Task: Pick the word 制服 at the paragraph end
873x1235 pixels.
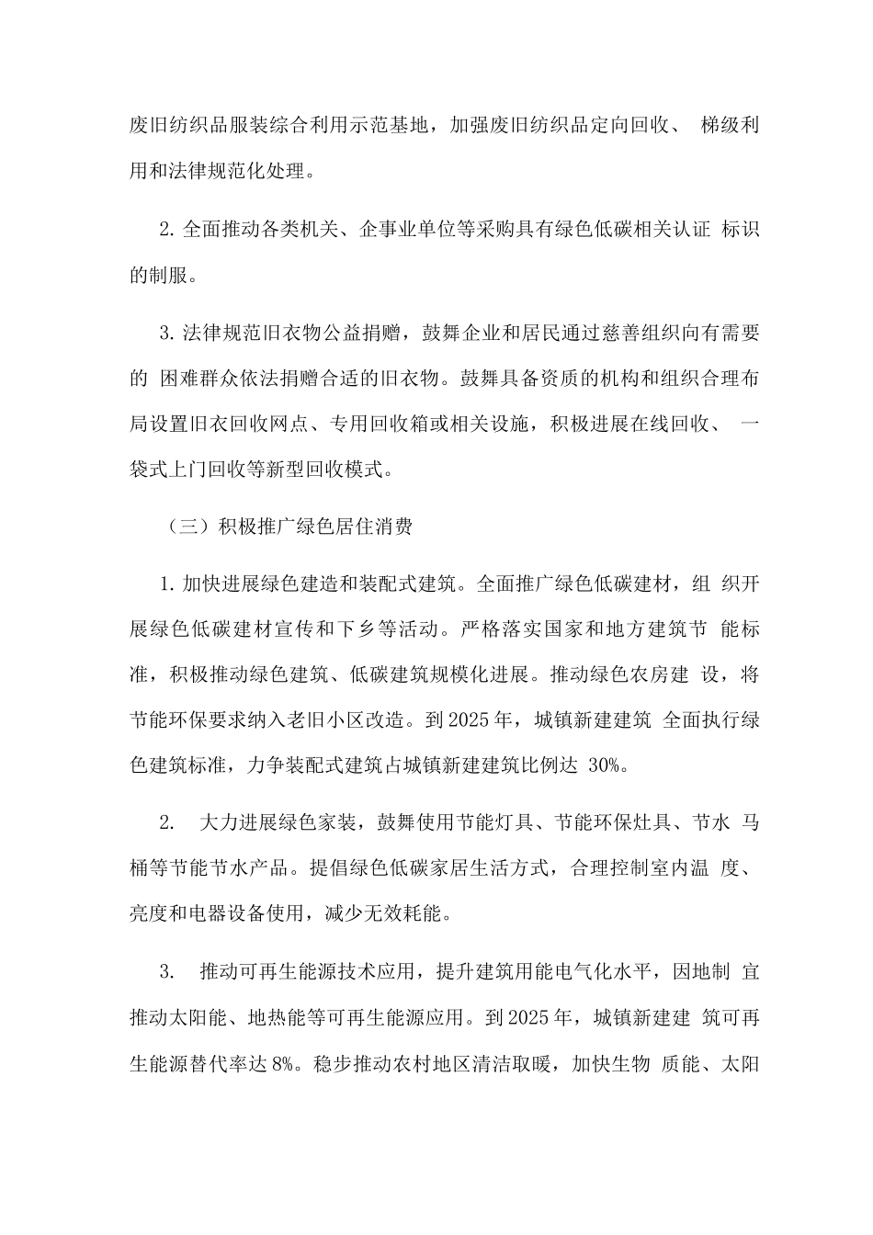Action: point(171,275)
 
